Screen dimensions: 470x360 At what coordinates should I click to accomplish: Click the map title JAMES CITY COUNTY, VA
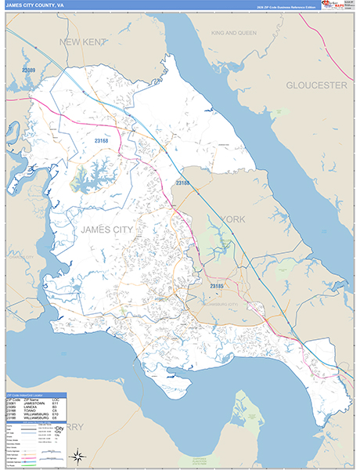click(x=34, y=5)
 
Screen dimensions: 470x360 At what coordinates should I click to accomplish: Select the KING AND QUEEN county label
click(x=233, y=34)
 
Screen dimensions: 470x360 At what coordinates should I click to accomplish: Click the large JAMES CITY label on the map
click(x=106, y=229)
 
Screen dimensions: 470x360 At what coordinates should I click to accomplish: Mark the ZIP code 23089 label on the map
click(x=29, y=70)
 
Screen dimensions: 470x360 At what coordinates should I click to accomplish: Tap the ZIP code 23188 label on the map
click(x=182, y=183)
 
